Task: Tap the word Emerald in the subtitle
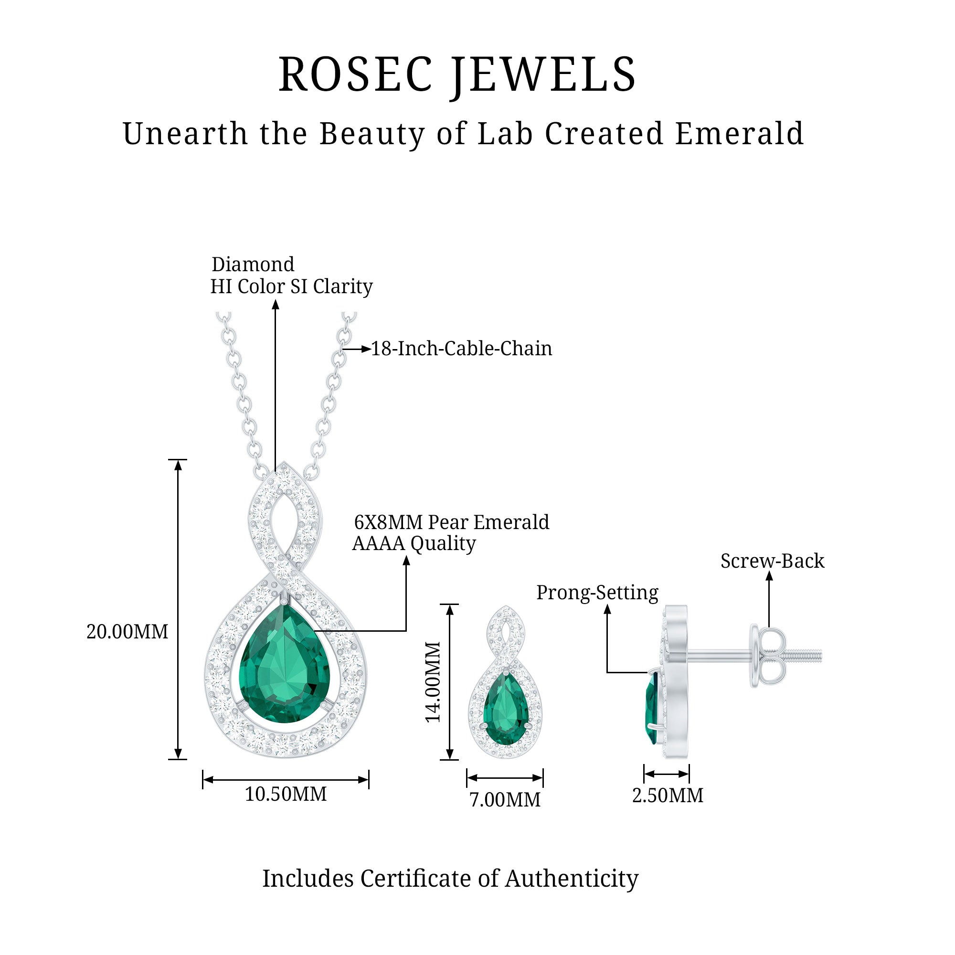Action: point(740,134)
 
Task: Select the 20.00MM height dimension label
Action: point(127,632)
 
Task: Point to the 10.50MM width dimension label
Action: point(286,795)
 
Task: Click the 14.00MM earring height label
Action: point(434,682)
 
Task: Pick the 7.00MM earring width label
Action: point(505,800)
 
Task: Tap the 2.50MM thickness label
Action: point(668,796)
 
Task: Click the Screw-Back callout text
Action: point(772,561)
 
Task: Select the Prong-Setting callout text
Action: point(597,593)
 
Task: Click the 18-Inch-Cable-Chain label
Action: point(461,349)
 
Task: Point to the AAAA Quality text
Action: point(414,544)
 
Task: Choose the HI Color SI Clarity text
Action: point(291,286)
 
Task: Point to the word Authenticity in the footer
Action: point(572,879)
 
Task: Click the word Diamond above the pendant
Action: point(253,265)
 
